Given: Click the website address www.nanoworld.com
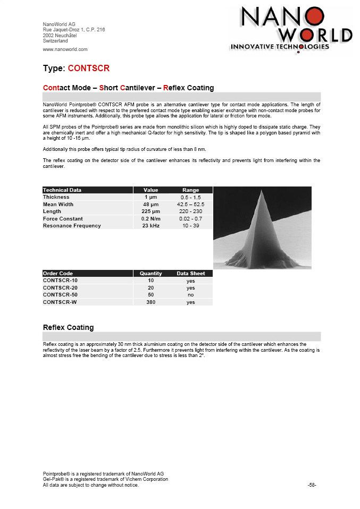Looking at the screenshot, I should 65,49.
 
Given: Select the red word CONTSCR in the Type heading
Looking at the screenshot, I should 89,68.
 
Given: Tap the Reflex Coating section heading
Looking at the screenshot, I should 68,327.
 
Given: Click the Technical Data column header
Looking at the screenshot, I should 62,190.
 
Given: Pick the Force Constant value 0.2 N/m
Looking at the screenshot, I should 150,218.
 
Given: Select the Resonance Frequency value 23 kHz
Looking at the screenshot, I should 150,226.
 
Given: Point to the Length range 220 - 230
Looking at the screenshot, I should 190,211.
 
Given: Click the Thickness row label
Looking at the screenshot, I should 56,197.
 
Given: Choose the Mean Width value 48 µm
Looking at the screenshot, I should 150,204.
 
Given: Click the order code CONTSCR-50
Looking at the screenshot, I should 60,295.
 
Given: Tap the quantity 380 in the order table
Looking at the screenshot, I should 150,302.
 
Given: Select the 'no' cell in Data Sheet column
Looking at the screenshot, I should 190,295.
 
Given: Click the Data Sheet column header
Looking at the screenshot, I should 190,274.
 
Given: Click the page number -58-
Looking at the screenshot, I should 312,485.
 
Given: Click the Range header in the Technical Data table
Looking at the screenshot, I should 190,190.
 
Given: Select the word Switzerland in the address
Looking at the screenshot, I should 55,41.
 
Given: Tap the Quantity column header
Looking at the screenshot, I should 150,274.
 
